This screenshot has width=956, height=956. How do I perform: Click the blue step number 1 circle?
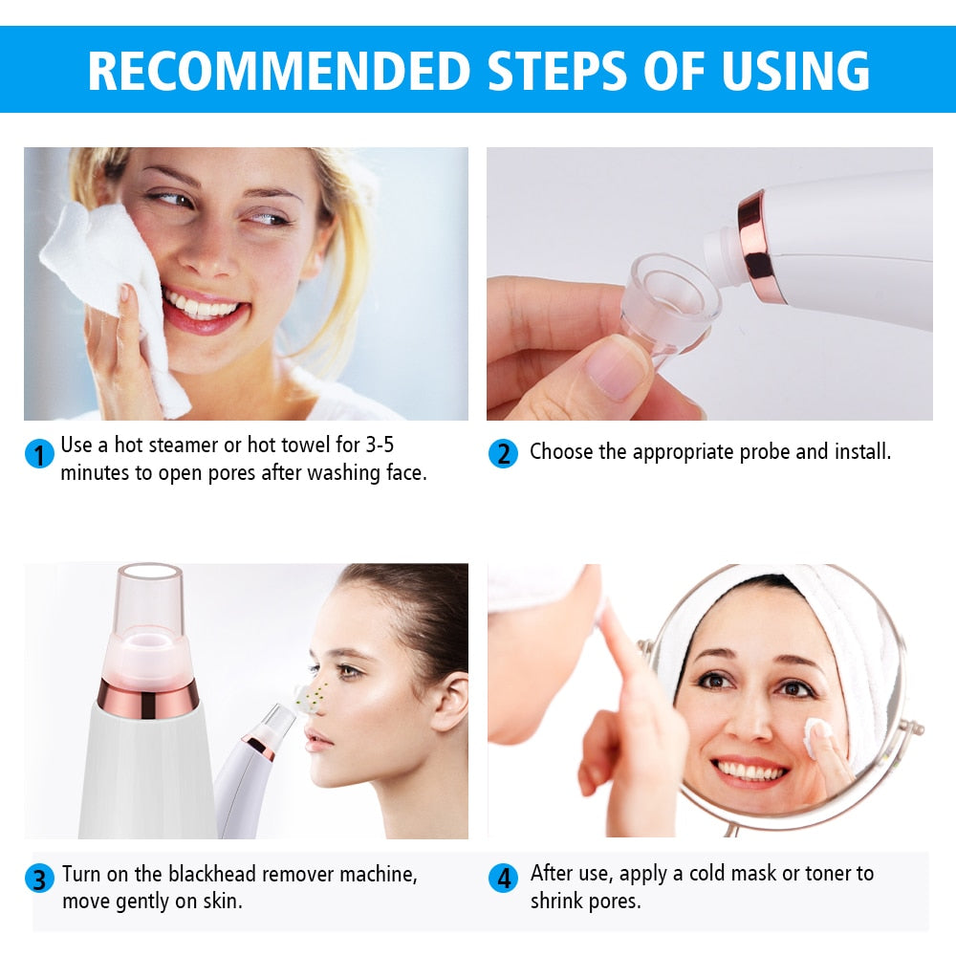coord(39,453)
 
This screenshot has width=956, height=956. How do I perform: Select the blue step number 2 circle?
coord(503,452)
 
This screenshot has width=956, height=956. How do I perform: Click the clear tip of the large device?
coord(148,597)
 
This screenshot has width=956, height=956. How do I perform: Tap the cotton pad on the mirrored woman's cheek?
coord(817,733)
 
